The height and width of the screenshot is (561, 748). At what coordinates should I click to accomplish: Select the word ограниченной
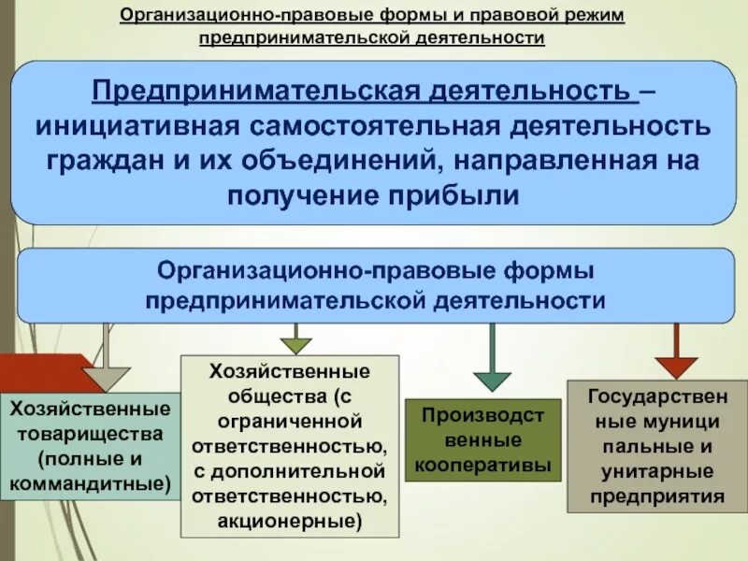tap(289, 419)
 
